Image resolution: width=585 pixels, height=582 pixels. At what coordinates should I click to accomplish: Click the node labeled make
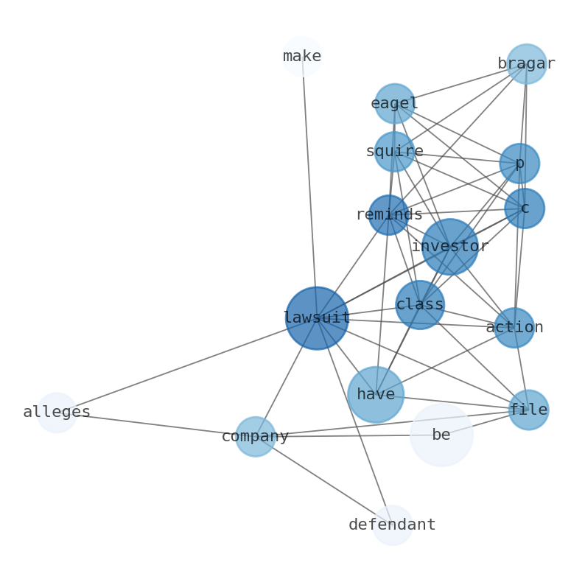302,57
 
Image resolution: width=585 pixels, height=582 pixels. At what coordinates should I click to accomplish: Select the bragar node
526,64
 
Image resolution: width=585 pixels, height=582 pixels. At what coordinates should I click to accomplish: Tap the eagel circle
394,104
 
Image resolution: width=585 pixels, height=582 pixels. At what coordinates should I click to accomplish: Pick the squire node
394,152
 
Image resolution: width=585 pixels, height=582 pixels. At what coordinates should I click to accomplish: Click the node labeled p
519,164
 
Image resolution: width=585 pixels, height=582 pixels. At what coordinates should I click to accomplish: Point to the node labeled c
525,208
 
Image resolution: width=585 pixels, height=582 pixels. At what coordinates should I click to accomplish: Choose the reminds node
388,215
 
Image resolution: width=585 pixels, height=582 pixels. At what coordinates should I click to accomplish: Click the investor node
449,247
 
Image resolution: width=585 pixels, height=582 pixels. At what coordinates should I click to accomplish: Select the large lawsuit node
317,318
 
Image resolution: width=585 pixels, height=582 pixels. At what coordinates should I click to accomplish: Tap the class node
420,305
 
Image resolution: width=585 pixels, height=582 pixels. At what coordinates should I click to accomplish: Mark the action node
514,328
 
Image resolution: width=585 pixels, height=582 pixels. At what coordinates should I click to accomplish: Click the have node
376,395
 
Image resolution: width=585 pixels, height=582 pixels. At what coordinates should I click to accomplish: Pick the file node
528,410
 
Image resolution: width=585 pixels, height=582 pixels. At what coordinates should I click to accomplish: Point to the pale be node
441,435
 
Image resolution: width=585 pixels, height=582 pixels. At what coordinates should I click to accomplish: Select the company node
256,437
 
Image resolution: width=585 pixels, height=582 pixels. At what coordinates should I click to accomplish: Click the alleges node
57,413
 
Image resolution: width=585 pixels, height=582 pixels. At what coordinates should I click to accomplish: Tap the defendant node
392,525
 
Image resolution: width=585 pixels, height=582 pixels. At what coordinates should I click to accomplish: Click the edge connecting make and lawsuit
309,184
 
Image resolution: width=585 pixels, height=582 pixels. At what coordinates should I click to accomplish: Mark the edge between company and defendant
324,481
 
